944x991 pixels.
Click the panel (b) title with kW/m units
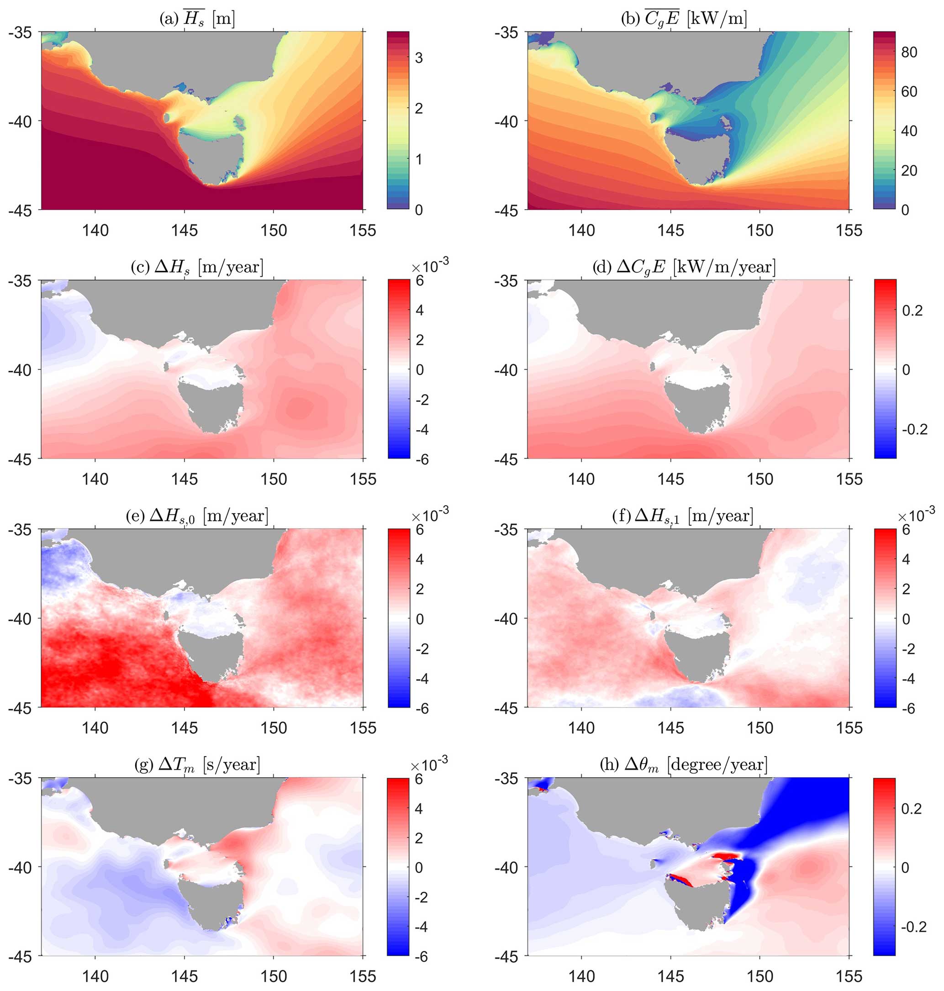tap(684, 19)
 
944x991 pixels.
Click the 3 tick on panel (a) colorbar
tap(419, 58)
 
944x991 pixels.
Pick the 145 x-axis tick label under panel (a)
tap(184, 230)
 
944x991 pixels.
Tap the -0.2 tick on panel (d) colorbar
tap(914, 429)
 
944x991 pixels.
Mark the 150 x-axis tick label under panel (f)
tap(760, 728)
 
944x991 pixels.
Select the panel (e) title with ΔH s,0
tap(197, 516)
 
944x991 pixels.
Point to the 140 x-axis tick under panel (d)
tap(581, 479)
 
